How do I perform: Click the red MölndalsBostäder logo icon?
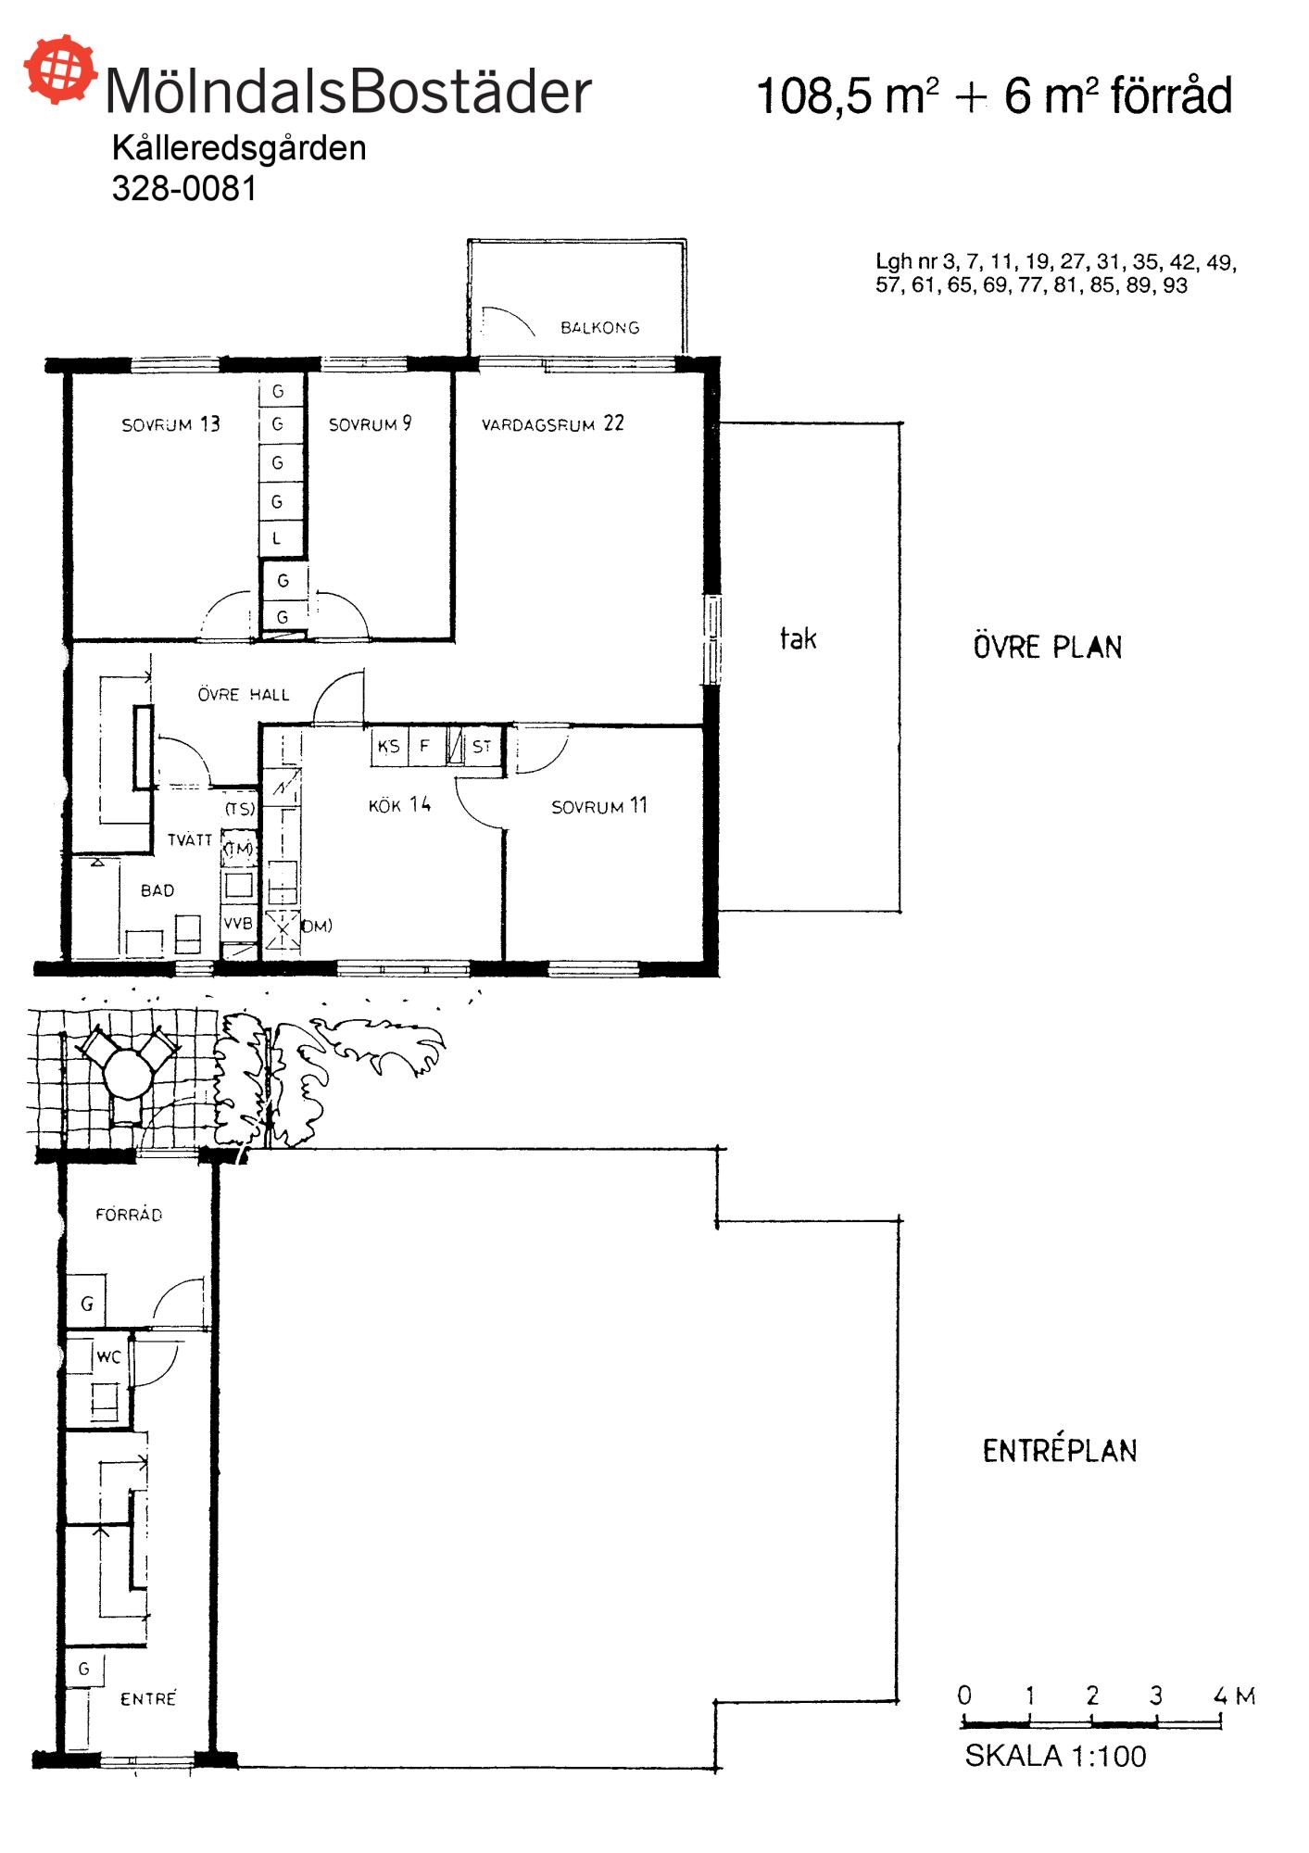[x=61, y=69]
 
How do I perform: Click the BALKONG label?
[x=599, y=327]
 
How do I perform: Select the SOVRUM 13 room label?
[x=170, y=424]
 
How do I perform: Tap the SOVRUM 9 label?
[x=370, y=424]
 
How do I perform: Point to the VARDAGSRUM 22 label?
[x=552, y=424]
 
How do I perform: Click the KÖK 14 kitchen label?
[x=399, y=804]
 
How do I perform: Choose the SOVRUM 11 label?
[x=598, y=806]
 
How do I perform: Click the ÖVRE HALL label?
[x=244, y=694]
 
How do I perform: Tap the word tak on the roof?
[x=798, y=637]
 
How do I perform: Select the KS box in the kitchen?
[x=389, y=746]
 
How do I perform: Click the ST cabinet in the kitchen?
[x=482, y=746]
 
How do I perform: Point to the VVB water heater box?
[x=238, y=924]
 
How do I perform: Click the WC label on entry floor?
[x=108, y=1357]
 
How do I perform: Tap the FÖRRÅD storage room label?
[x=129, y=1215]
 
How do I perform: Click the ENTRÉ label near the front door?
[x=148, y=1698]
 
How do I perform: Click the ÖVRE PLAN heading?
[x=1047, y=647]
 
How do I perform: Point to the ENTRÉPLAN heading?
[x=1060, y=1451]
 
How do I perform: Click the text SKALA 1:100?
[x=1055, y=1756]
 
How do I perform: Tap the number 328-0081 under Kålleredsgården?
[x=183, y=188]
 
